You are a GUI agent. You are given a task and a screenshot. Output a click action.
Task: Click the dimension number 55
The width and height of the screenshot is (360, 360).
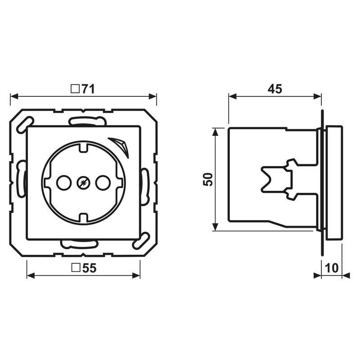[89, 268]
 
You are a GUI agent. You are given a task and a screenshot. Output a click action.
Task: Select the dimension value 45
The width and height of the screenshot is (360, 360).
[275, 89]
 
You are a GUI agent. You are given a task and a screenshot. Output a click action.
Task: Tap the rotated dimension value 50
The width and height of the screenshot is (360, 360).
[208, 179]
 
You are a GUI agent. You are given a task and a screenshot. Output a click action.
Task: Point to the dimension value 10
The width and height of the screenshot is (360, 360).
[332, 268]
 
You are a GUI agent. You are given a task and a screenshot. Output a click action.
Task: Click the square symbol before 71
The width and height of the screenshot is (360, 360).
[75, 89]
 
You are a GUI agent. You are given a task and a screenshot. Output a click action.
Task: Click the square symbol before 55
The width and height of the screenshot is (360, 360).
[76, 268]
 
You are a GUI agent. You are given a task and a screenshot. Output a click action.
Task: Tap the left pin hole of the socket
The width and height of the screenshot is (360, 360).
[64, 183]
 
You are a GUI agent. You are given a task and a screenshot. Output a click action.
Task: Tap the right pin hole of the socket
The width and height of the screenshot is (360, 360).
[103, 183]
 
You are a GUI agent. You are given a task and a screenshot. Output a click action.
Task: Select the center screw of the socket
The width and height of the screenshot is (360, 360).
[83, 183]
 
